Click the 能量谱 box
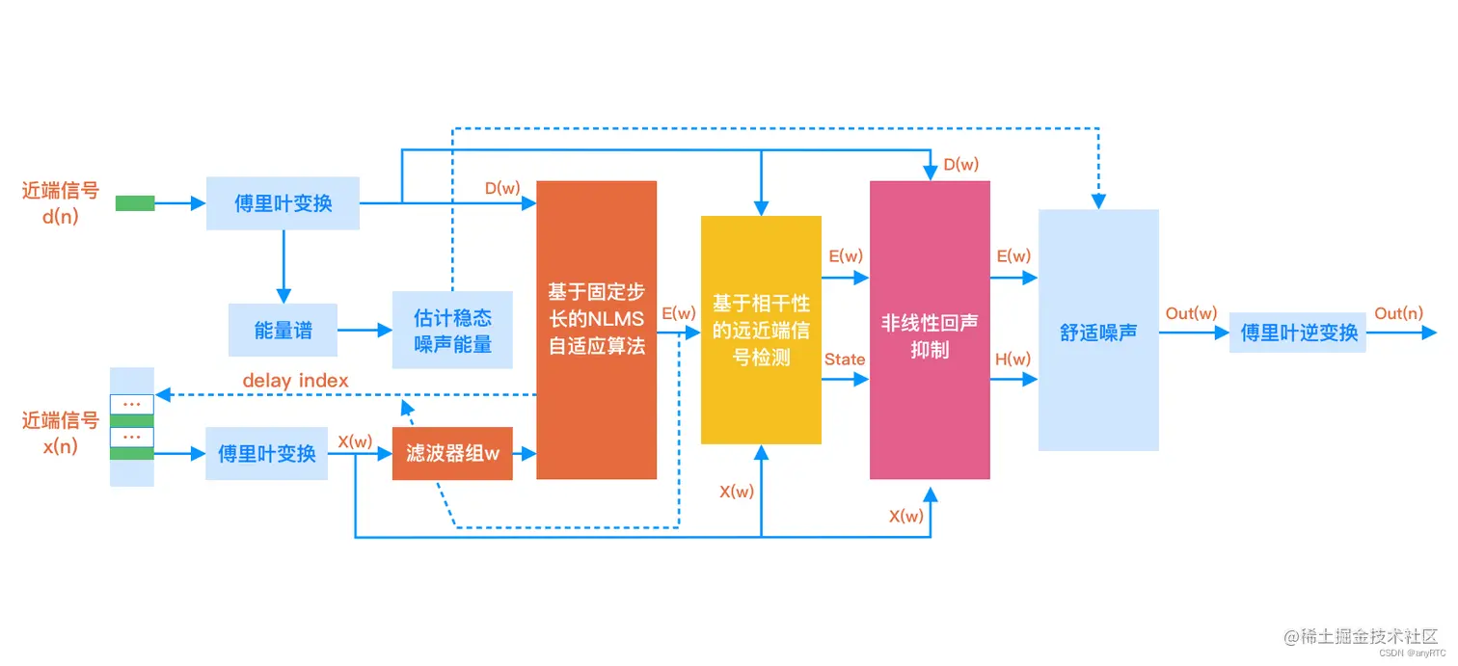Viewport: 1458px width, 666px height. [283, 330]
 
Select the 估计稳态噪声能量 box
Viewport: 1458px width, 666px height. [453, 330]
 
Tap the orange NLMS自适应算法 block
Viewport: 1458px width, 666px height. [596, 330]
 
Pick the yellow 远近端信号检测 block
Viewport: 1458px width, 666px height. [761, 330]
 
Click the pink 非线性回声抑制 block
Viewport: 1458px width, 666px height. [930, 330]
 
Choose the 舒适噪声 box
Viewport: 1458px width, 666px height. [1098, 331]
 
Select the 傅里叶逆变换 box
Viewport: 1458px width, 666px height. [1298, 333]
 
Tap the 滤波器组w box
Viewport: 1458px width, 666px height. [452, 453]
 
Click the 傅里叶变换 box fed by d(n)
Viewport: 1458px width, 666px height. [283, 202]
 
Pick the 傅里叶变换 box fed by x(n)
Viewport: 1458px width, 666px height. [266, 453]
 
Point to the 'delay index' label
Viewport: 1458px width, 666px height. [295, 381]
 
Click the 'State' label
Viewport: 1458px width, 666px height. [845, 360]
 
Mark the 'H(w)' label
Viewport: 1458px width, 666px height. [1012, 360]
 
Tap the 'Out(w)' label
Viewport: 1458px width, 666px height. [1191, 313]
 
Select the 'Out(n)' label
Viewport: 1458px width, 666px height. [1399, 313]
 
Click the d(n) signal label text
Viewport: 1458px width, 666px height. [61, 216]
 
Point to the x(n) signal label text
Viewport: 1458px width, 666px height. [61, 446]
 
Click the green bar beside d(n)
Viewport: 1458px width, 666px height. [135, 202]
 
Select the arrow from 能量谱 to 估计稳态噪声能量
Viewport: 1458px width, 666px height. [364, 330]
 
